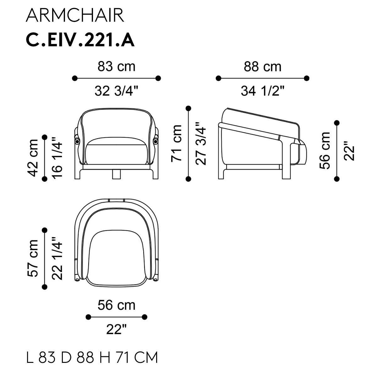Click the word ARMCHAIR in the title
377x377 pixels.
coord(75,15)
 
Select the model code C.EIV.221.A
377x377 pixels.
coord(80,40)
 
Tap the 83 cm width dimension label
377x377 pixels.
coord(117,67)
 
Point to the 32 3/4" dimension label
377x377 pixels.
coord(117,91)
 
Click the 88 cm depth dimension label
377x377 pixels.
coord(262,67)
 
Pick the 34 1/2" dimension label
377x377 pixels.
coord(262,91)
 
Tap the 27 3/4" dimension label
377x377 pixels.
coord(200,143)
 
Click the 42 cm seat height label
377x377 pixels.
coord(32,158)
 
